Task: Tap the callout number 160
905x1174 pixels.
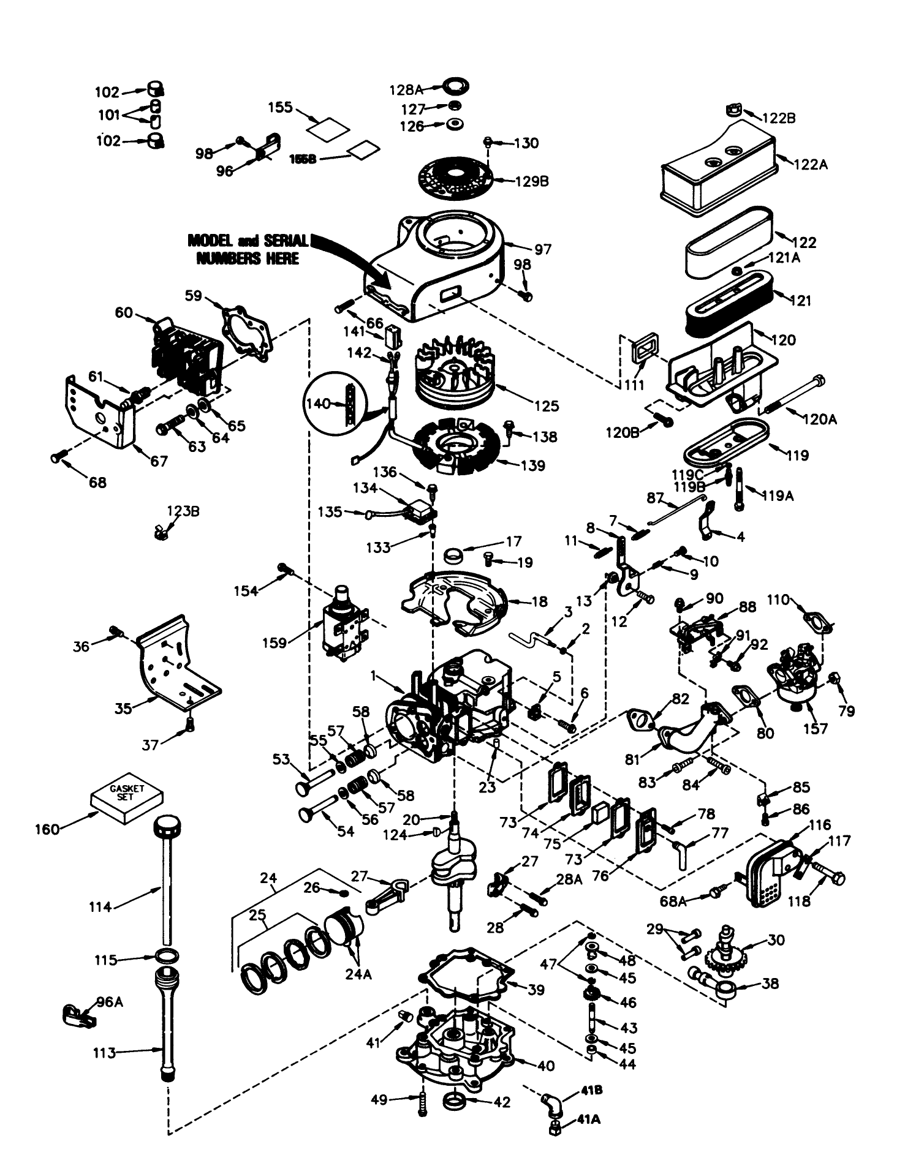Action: tap(48, 829)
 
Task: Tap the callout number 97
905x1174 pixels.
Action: tap(543, 249)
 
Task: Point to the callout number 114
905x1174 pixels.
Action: tap(99, 907)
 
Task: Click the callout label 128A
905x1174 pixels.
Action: tap(406, 89)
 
